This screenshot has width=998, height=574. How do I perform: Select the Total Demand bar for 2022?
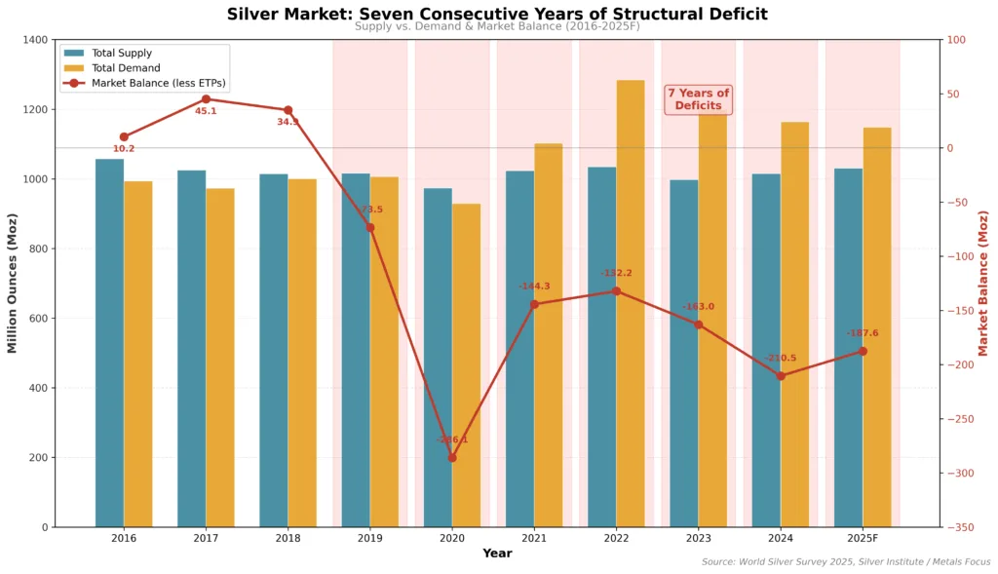[x=631, y=303]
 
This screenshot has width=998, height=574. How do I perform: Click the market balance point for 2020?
[x=452, y=457]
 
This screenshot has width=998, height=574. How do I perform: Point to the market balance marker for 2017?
[x=206, y=99]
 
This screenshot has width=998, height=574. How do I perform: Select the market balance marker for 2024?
[x=781, y=375]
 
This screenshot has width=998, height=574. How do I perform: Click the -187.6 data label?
[x=863, y=333]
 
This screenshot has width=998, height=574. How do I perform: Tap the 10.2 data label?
[x=124, y=149]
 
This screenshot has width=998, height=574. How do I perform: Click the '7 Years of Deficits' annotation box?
[x=698, y=99]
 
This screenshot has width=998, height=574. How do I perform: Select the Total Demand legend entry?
[x=126, y=68]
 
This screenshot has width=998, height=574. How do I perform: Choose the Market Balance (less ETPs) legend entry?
[x=158, y=84]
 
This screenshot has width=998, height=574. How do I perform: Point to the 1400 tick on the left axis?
[x=36, y=40]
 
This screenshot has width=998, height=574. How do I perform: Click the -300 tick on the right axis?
[x=959, y=474]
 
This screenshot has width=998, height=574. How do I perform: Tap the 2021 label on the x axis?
[x=534, y=538]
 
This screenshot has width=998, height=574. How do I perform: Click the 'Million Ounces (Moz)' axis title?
[x=13, y=283]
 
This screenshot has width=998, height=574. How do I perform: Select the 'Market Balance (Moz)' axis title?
[x=983, y=283]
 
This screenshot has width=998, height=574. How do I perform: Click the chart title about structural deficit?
[x=497, y=14]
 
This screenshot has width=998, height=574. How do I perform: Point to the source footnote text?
[x=846, y=562]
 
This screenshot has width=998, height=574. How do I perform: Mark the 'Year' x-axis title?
[x=497, y=554]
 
